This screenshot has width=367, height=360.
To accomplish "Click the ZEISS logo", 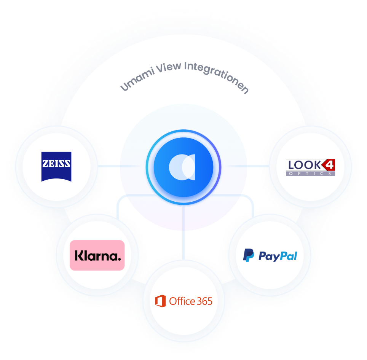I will point(56,166).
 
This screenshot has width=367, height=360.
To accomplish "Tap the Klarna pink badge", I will point(97,255).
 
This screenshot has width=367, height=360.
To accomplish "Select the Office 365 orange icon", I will point(161,301).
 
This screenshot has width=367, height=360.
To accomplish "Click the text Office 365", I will point(191,301).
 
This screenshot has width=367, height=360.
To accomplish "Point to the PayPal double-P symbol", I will point(249,255).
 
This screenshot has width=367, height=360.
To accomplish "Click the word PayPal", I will point(278,256).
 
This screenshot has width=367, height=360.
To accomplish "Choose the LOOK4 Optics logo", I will point(310,167).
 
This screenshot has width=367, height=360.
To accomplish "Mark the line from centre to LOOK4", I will point(247,166).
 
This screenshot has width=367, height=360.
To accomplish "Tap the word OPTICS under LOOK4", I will point(310,174).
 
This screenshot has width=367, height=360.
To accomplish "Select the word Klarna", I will point(97,255).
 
